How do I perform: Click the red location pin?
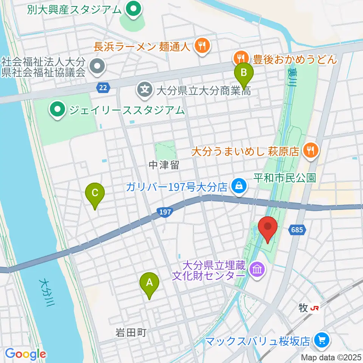click(268, 228)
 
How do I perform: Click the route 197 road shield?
click(165, 213)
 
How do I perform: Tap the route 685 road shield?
click(296, 229)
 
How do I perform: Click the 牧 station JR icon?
click(313, 309)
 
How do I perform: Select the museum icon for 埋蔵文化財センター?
click(258, 270)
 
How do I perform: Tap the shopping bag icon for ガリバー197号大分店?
click(239, 186)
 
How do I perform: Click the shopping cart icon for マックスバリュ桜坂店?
click(321, 341)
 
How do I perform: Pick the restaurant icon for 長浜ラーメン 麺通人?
click(200, 46)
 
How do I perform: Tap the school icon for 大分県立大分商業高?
click(144, 90)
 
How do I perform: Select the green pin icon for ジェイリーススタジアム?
click(57, 110)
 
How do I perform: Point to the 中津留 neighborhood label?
click(163, 165)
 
